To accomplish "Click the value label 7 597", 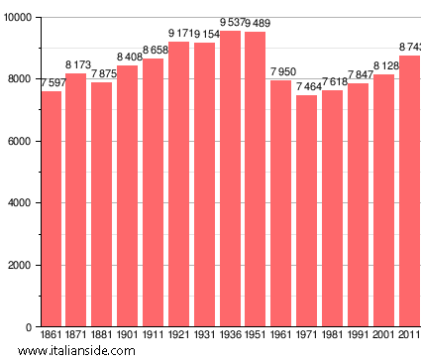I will click(x=51, y=82).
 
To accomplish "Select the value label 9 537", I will click(x=229, y=22).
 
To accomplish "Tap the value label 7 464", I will click(x=307, y=86).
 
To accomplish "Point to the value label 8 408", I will click(x=128, y=58).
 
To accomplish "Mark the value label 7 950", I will click(x=281, y=71).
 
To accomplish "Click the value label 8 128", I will click(x=384, y=65).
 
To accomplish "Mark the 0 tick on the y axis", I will click(x=30, y=327).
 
